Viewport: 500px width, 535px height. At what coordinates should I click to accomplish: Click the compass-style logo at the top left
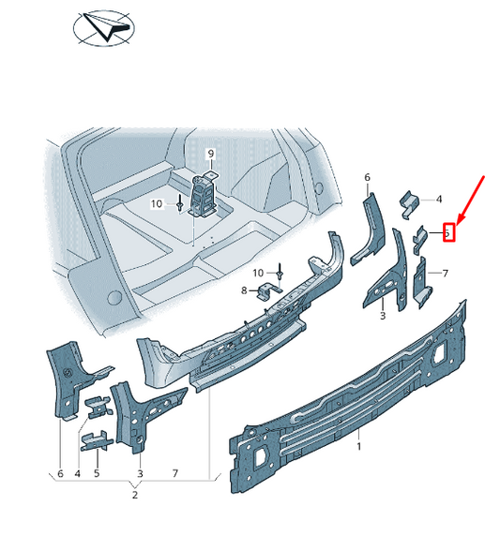point(111,29)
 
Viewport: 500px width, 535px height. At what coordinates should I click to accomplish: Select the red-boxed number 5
point(448,230)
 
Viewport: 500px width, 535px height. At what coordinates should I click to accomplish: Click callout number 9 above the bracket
point(211,154)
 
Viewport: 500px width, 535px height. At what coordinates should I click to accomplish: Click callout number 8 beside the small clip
point(245,291)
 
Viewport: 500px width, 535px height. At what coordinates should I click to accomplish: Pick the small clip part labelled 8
point(267,292)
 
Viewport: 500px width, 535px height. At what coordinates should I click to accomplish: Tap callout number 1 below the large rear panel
point(358,448)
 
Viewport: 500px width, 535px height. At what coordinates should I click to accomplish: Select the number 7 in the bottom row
point(174,475)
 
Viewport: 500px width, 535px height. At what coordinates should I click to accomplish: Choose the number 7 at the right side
point(446,274)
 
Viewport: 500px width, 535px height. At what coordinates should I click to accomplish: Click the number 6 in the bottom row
point(60,475)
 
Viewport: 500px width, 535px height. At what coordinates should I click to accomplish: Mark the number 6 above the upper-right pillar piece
point(367,177)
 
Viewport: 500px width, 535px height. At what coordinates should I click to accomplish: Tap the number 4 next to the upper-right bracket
point(438,199)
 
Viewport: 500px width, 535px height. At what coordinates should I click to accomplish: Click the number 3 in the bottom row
point(139,475)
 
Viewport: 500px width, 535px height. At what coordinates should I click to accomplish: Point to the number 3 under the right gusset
point(383,317)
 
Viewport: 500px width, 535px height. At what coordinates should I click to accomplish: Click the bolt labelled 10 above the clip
point(280,270)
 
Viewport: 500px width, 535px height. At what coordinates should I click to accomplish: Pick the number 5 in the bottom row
point(96,475)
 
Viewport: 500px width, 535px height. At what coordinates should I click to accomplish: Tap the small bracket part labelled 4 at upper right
point(409,200)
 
